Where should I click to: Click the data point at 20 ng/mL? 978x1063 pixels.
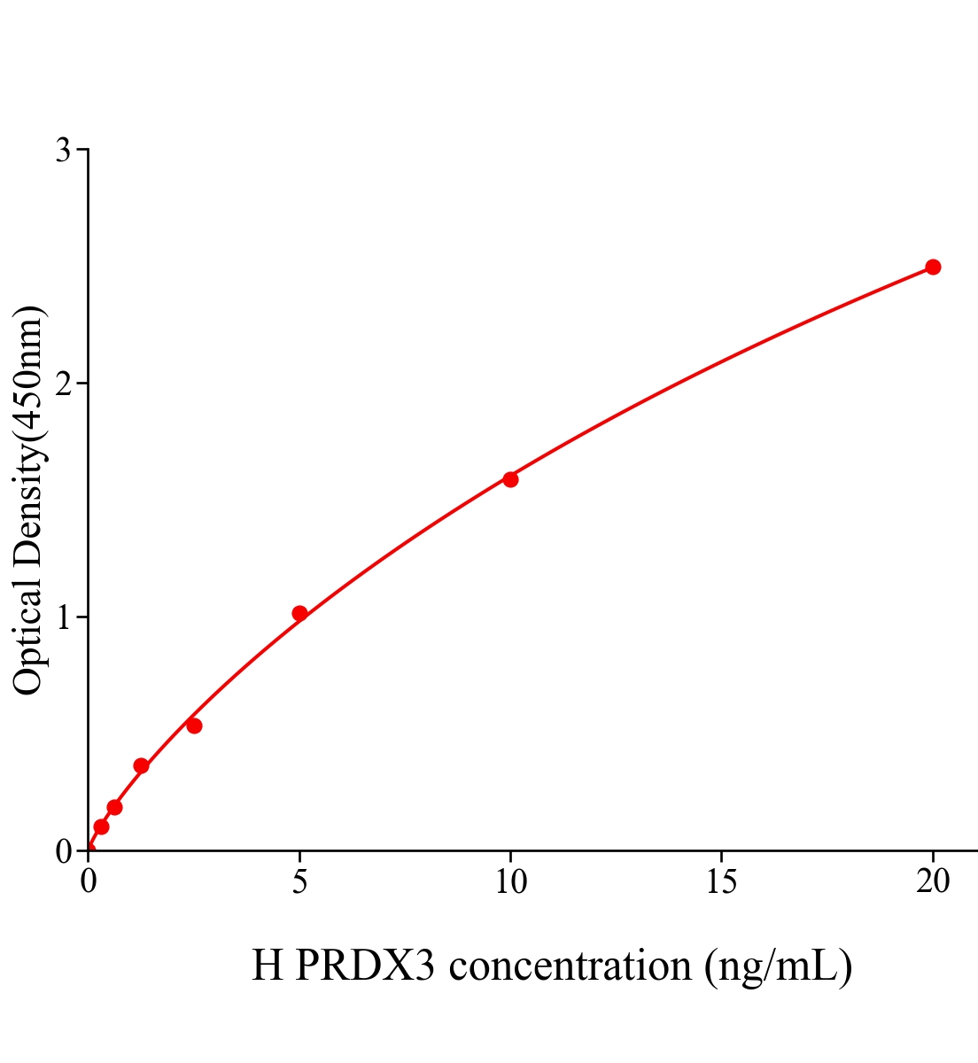[933, 267]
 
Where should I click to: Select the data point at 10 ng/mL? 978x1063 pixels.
[510, 479]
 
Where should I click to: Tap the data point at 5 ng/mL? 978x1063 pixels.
[299, 613]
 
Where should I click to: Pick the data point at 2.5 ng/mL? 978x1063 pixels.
[194, 725]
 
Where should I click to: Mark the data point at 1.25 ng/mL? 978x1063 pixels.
[141, 765]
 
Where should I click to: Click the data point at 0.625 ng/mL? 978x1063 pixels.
[114, 807]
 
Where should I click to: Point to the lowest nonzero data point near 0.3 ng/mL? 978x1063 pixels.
[101, 826]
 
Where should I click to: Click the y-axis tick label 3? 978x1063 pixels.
[63, 151]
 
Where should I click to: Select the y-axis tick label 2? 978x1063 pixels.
[63, 384]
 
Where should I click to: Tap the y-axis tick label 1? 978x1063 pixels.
[63, 617]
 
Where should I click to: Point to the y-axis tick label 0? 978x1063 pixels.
[63, 851]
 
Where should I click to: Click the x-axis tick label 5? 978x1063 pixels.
[299, 881]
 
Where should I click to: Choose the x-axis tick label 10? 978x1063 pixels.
[510, 881]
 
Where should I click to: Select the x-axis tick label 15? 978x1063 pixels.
[722, 881]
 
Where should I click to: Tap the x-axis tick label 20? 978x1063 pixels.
[933, 881]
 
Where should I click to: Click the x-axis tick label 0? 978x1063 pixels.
[89, 881]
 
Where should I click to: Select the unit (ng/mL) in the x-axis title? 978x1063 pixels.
[778, 965]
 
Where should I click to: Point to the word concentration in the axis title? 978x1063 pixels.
[570, 965]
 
